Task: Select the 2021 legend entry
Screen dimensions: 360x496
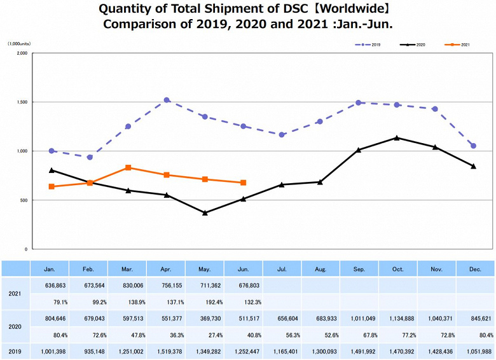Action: pyautogui.click(x=458, y=45)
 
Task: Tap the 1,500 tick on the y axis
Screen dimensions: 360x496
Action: pyautogui.click(x=21, y=102)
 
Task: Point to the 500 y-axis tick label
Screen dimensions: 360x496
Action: pyautogui.click(x=23, y=200)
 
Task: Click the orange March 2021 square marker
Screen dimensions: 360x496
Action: pyautogui.click(x=128, y=168)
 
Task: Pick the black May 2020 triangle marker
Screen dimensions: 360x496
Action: pyautogui.click(x=205, y=212)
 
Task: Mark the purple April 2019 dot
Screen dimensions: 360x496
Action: pyautogui.click(x=167, y=100)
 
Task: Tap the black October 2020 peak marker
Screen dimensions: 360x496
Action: pyautogui.click(x=397, y=137)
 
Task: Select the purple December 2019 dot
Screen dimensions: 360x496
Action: pyautogui.click(x=474, y=146)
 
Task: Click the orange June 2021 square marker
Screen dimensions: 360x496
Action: pyautogui.click(x=244, y=183)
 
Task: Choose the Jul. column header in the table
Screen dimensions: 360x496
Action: pyautogui.click(x=282, y=270)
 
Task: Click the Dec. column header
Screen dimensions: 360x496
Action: pyautogui.click(x=475, y=270)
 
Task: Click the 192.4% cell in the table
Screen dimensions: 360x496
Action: pyautogui.click(x=205, y=303)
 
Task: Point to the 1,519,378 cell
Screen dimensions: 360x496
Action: pyautogui.click(x=166, y=350)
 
